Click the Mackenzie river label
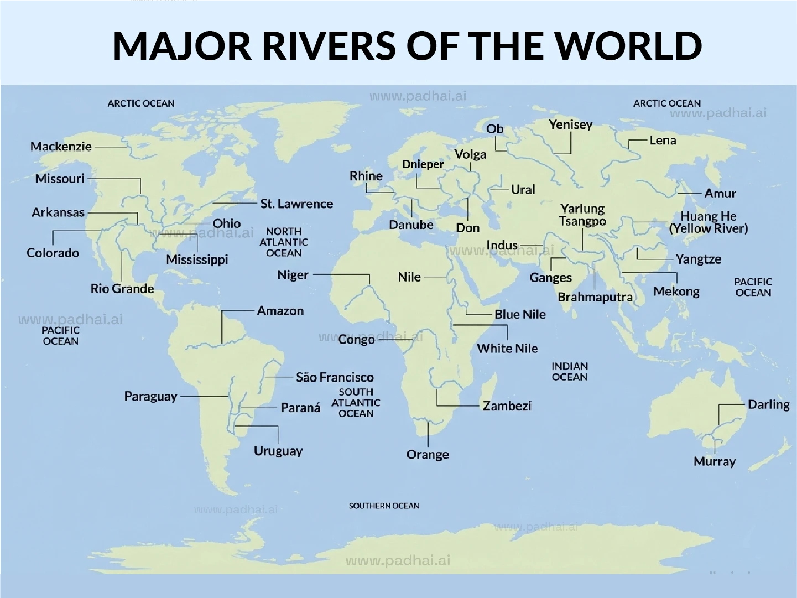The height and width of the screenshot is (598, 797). tap(61, 147)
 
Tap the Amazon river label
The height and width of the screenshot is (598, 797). tap(280, 311)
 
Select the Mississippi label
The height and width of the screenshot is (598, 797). tap(197, 259)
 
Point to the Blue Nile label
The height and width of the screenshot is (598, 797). tap(519, 314)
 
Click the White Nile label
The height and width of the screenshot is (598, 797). tap(507, 349)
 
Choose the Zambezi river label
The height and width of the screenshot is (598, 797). tap(507, 406)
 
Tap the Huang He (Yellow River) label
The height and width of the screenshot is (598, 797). tap(708, 222)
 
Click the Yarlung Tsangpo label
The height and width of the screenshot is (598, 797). tap(582, 215)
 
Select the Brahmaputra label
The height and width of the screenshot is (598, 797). tap(595, 297)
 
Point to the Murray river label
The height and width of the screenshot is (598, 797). tap(714, 461)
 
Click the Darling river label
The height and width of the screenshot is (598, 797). tap(768, 404)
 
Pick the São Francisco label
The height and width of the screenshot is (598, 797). tap(335, 377)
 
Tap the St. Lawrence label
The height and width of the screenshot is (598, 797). tap(296, 204)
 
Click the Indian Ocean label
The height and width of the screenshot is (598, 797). tap(569, 372)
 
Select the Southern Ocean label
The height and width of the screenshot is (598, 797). tap(384, 506)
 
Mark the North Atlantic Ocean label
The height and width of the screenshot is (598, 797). tap(283, 242)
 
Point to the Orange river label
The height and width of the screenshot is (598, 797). tap(428, 455)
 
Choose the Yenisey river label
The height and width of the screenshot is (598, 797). tap(570, 125)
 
